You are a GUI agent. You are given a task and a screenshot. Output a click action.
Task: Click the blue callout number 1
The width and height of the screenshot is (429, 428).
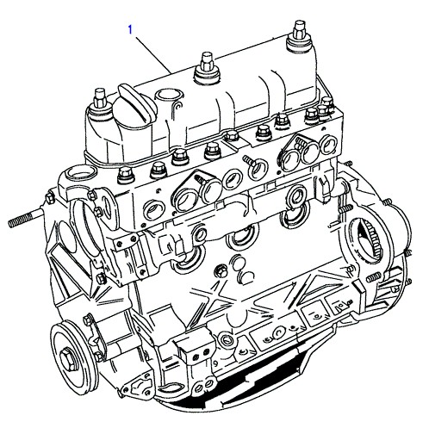[130, 29]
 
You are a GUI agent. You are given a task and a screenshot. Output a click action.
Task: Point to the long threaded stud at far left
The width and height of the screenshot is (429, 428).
[26, 217]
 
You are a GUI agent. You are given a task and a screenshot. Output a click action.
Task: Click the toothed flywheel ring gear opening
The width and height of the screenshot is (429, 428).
[365, 240]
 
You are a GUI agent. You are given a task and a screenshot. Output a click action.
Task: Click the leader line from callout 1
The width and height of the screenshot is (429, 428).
[152, 54]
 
